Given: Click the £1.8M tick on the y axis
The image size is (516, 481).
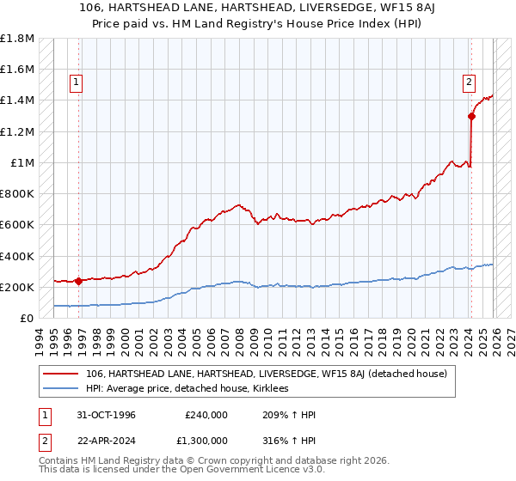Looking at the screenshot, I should [17, 39].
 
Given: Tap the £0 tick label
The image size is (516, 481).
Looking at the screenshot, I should [28, 318].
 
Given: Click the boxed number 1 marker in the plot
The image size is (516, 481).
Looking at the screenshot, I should [77, 82].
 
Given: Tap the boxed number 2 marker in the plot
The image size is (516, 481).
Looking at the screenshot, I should [469, 82].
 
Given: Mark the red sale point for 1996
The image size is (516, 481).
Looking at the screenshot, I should [78, 280].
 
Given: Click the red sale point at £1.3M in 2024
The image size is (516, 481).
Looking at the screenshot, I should [471, 116].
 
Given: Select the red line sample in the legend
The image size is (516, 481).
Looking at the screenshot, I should [61, 374].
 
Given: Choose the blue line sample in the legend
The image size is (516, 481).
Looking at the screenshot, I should [61, 388].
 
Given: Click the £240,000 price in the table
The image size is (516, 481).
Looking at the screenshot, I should [206, 415].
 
